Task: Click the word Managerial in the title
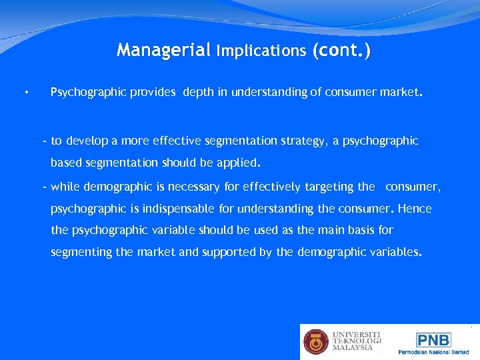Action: click(x=163, y=50)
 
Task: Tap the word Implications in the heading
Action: click(x=260, y=51)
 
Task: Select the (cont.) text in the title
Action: click(x=340, y=50)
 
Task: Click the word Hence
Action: click(x=415, y=209)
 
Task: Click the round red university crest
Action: click(x=316, y=341)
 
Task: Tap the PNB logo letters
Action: click(x=433, y=339)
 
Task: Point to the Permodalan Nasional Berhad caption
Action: click(x=433, y=352)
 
